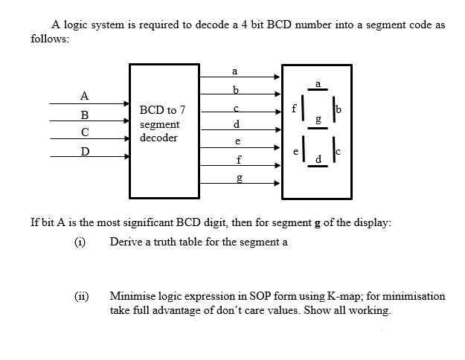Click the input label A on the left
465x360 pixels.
[85, 95]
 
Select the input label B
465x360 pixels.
[85, 115]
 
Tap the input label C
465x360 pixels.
[85, 133]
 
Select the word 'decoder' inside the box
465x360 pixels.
[158, 138]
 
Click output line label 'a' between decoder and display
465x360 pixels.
[235, 71]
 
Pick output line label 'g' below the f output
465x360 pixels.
[237, 178]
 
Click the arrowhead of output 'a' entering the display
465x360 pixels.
[278, 76]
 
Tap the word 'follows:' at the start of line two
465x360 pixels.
[50, 39]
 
